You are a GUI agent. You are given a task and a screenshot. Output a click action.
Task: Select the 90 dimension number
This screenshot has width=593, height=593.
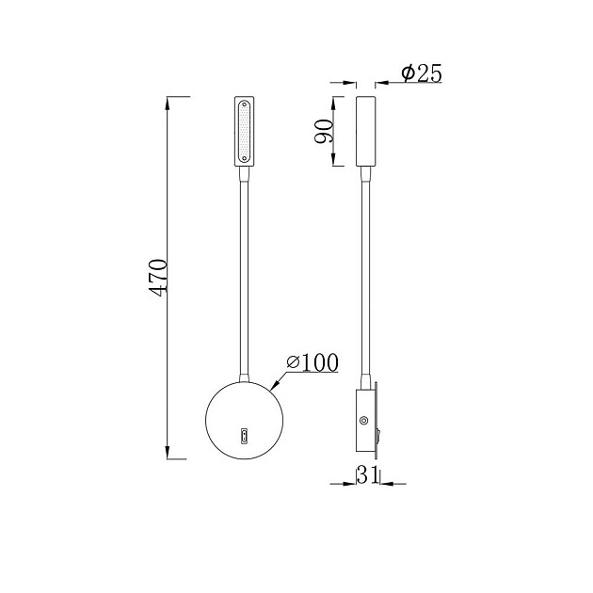[x=324, y=132]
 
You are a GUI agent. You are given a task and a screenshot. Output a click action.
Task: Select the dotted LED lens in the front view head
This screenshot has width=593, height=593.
[x=244, y=130]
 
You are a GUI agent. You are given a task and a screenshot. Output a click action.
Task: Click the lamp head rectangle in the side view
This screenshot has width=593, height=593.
[x=366, y=130]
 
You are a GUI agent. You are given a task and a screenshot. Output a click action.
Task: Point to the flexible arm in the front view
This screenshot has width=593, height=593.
[x=245, y=273]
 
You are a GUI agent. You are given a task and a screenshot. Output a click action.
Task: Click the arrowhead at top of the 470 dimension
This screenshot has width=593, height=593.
[x=168, y=100]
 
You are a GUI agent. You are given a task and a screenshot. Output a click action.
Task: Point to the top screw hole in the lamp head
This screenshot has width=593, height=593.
[x=244, y=104]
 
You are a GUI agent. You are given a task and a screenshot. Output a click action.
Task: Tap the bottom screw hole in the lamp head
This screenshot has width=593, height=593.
[x=244, y=158]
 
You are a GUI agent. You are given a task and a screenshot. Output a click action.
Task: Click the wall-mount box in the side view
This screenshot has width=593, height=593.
[x=366, y=421]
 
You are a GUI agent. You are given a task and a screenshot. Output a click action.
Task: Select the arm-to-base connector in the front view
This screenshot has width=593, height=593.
[x=245, y=372]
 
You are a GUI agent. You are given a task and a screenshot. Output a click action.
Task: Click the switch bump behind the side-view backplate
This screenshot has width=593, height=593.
[x=380, y=435]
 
